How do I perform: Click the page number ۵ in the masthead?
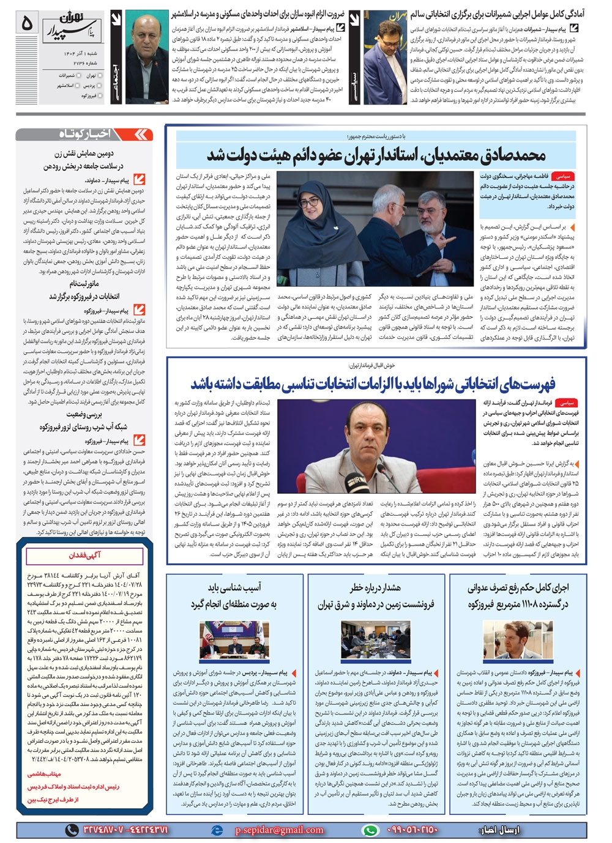tap(27, 23)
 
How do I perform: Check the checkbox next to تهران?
tap(100, 75)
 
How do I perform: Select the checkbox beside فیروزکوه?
tap(100, 95)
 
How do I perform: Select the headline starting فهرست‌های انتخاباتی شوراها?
tap(373, 384)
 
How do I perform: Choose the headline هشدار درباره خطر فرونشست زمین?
tap(375, 596)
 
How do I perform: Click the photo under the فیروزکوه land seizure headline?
tap(518, 639)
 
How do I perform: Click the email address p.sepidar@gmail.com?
tap(279, 830)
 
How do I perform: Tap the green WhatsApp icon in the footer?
tap(370, 830)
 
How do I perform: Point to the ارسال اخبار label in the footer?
tap(497, 830)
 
